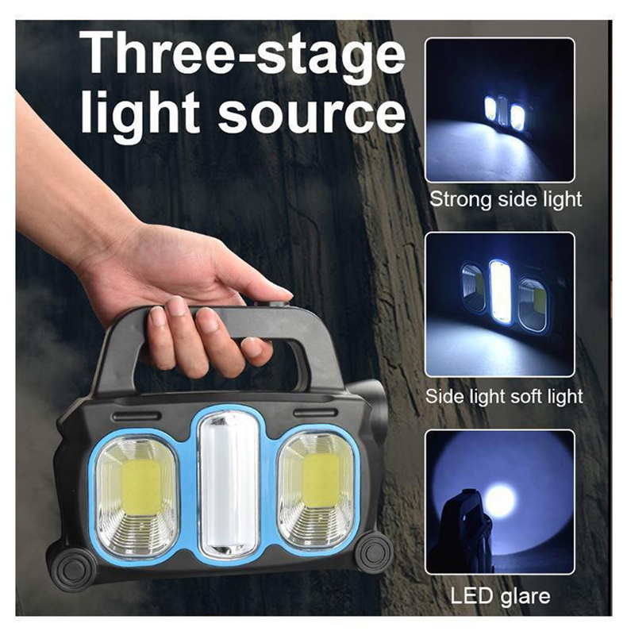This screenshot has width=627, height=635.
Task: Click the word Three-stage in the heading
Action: (242, 54)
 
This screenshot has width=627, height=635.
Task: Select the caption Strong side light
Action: (505, 200)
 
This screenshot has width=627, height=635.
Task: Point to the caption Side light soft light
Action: (504, 396)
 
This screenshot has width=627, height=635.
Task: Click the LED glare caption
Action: (500, 596)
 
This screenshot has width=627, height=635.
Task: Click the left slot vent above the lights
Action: (137, 416)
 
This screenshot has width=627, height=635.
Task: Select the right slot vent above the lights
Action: (316, 413)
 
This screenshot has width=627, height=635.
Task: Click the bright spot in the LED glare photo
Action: (500, 502)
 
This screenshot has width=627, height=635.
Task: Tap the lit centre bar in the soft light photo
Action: (500, 291)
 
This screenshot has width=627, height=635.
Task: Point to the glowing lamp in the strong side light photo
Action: (505, 111)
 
